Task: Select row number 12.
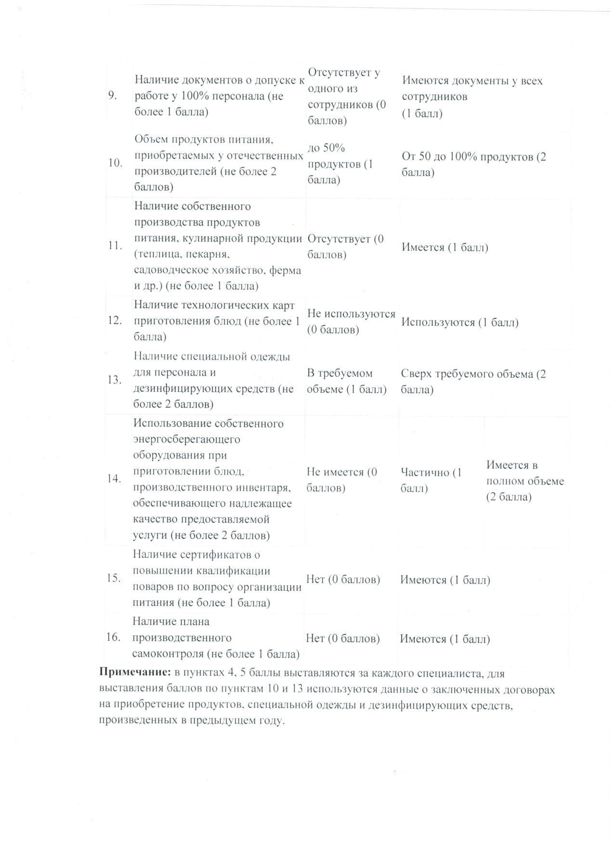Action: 114,320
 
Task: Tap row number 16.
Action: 113,638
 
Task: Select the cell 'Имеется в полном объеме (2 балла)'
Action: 524,481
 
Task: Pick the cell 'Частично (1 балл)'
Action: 431,480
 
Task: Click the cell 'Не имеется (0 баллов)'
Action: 342,480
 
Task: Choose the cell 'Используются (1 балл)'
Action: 459,322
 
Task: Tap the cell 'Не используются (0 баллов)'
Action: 351,321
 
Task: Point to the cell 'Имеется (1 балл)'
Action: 444,247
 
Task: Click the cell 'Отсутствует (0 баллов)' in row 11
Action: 345,246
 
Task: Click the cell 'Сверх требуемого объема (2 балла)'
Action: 473,382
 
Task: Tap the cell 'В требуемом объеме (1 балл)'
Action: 347,381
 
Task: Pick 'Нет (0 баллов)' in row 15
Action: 343,579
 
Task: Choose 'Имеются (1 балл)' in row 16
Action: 444,639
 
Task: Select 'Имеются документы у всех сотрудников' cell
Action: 472,96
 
